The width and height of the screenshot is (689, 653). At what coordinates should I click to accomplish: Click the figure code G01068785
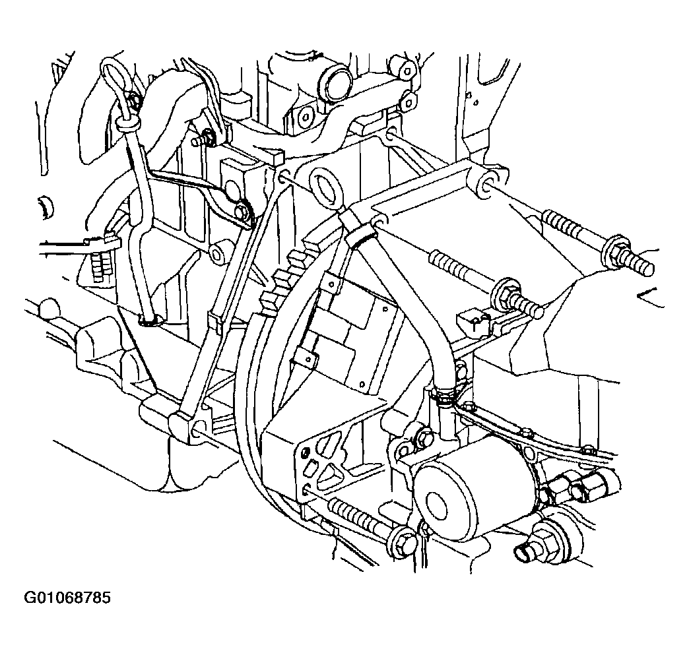[x=67, y=598]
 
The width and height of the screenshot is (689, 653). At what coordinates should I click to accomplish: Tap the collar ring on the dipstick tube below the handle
[x=128, y=123]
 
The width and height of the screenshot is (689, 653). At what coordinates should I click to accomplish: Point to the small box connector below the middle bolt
[x=473, y=321]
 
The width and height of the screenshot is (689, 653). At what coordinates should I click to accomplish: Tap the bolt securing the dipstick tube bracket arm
[x=243, y=211]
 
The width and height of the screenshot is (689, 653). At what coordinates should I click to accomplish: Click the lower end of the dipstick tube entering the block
[x=149, y=321]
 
